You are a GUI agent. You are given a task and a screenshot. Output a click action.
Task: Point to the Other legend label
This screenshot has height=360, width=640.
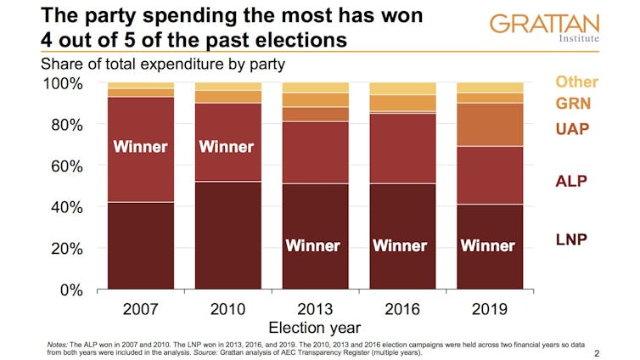pyautogui.click(x=577, y=82)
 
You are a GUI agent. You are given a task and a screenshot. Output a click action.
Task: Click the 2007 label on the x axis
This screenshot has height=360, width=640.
pyautogui.click(x=140, y=307)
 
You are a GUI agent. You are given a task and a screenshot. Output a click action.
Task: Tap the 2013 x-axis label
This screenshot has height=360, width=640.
pyautogui.click(x=314, y=307)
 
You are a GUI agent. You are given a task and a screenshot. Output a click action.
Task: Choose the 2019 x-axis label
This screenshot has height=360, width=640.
pyautogui.click(x=489, y=307)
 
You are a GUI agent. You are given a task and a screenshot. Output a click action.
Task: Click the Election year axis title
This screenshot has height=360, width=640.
pyautogui.click(x=314, y=327)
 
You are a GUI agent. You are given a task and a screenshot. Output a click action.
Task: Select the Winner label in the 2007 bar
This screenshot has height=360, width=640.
pyautogui.click(x=140, y=147)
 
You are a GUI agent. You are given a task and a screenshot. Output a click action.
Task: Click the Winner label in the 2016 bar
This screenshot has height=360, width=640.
pyautogui.click(x=401, y=246)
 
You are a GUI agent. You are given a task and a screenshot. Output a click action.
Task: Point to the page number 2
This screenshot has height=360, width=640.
pyautogui.click(x=597, y=352)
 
